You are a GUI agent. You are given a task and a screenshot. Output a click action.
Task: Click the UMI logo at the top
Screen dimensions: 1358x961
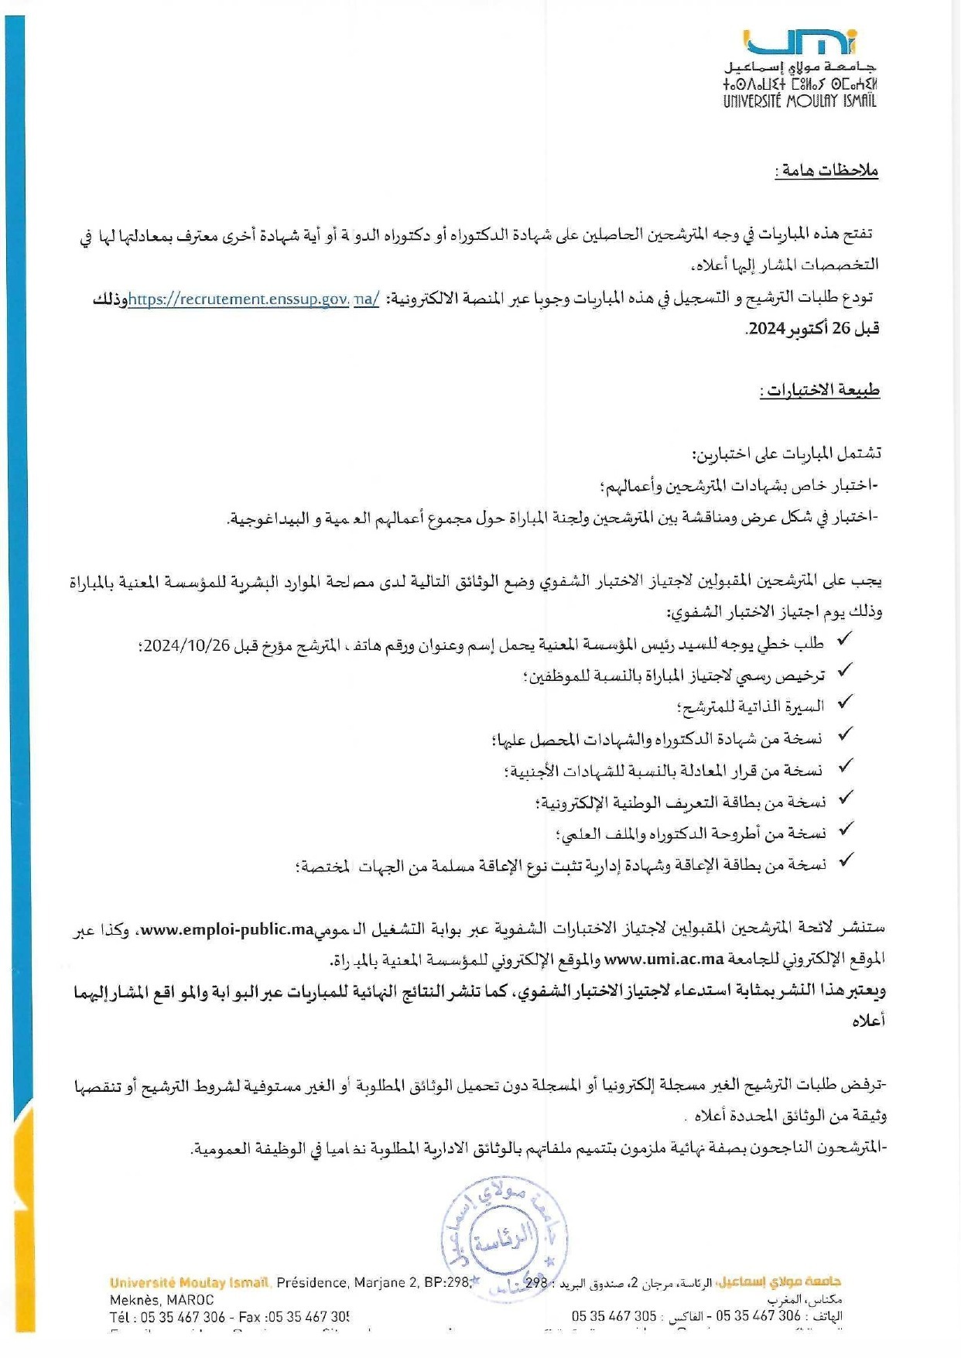[799, 42]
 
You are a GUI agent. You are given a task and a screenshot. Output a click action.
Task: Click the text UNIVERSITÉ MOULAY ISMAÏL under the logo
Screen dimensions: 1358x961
[799, 101]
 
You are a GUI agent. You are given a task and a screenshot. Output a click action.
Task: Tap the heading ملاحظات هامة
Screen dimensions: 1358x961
[827, 170]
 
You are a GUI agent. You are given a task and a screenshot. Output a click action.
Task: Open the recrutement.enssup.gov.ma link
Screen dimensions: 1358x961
[254, 299]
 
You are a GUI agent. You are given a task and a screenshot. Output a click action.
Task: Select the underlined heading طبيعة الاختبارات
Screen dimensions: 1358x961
[819, 390]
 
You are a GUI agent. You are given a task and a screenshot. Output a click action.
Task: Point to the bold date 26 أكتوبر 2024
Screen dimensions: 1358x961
[813, 329]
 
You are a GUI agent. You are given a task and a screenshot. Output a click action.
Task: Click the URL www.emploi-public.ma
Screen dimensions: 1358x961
[227, 929]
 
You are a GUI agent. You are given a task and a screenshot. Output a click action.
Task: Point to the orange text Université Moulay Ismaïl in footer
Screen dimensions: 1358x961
[190, 1283]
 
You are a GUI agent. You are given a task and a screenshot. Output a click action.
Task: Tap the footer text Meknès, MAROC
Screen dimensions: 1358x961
[162, 1300]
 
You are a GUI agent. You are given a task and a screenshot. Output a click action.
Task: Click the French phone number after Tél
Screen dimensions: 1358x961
[183, 1317]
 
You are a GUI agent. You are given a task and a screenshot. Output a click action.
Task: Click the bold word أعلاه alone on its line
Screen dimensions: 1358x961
[868, 1021]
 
